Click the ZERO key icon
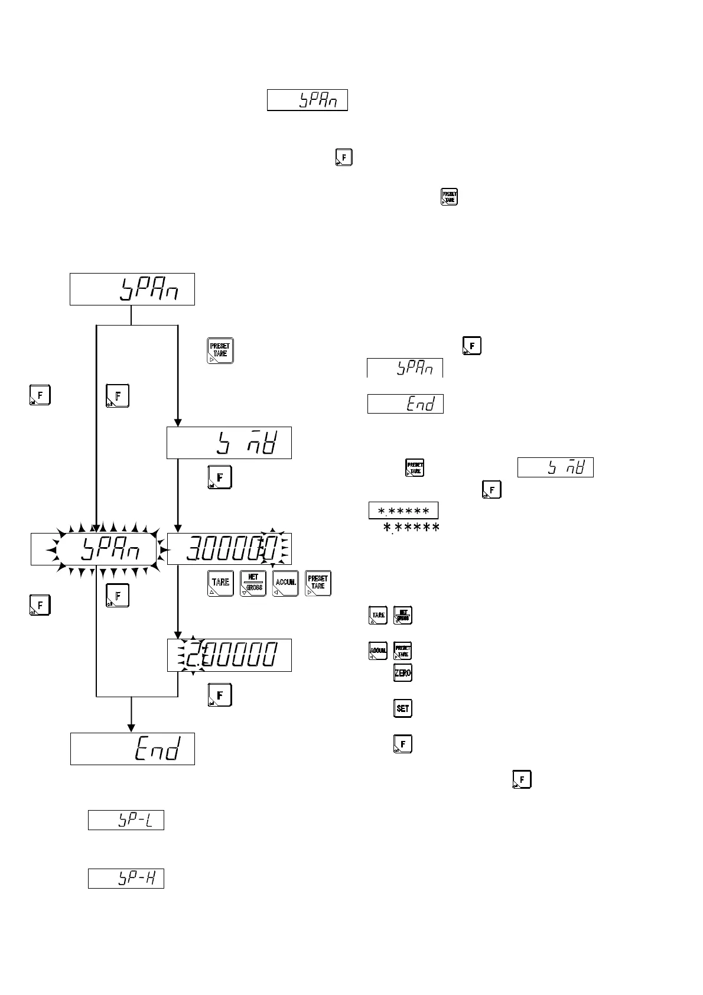click(403, 673)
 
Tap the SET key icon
click(403, 708)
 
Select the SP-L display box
click(126, 820)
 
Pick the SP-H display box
click(126, 878)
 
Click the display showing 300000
click(229, 549)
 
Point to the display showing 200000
click(229, 655)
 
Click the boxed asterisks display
click(403, 510)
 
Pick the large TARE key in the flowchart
click(220, 583)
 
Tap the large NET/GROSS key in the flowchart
click(253, 583)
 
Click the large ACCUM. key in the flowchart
click(285, 583)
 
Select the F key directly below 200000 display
click(220, 695)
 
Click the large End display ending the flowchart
click(132, 749)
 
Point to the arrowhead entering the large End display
click(131, 728)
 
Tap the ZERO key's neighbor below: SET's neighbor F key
click(403, 744)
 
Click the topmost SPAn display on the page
click(307, 100)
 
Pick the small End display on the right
click(405, 404)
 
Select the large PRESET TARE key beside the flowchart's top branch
click(220, 350)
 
